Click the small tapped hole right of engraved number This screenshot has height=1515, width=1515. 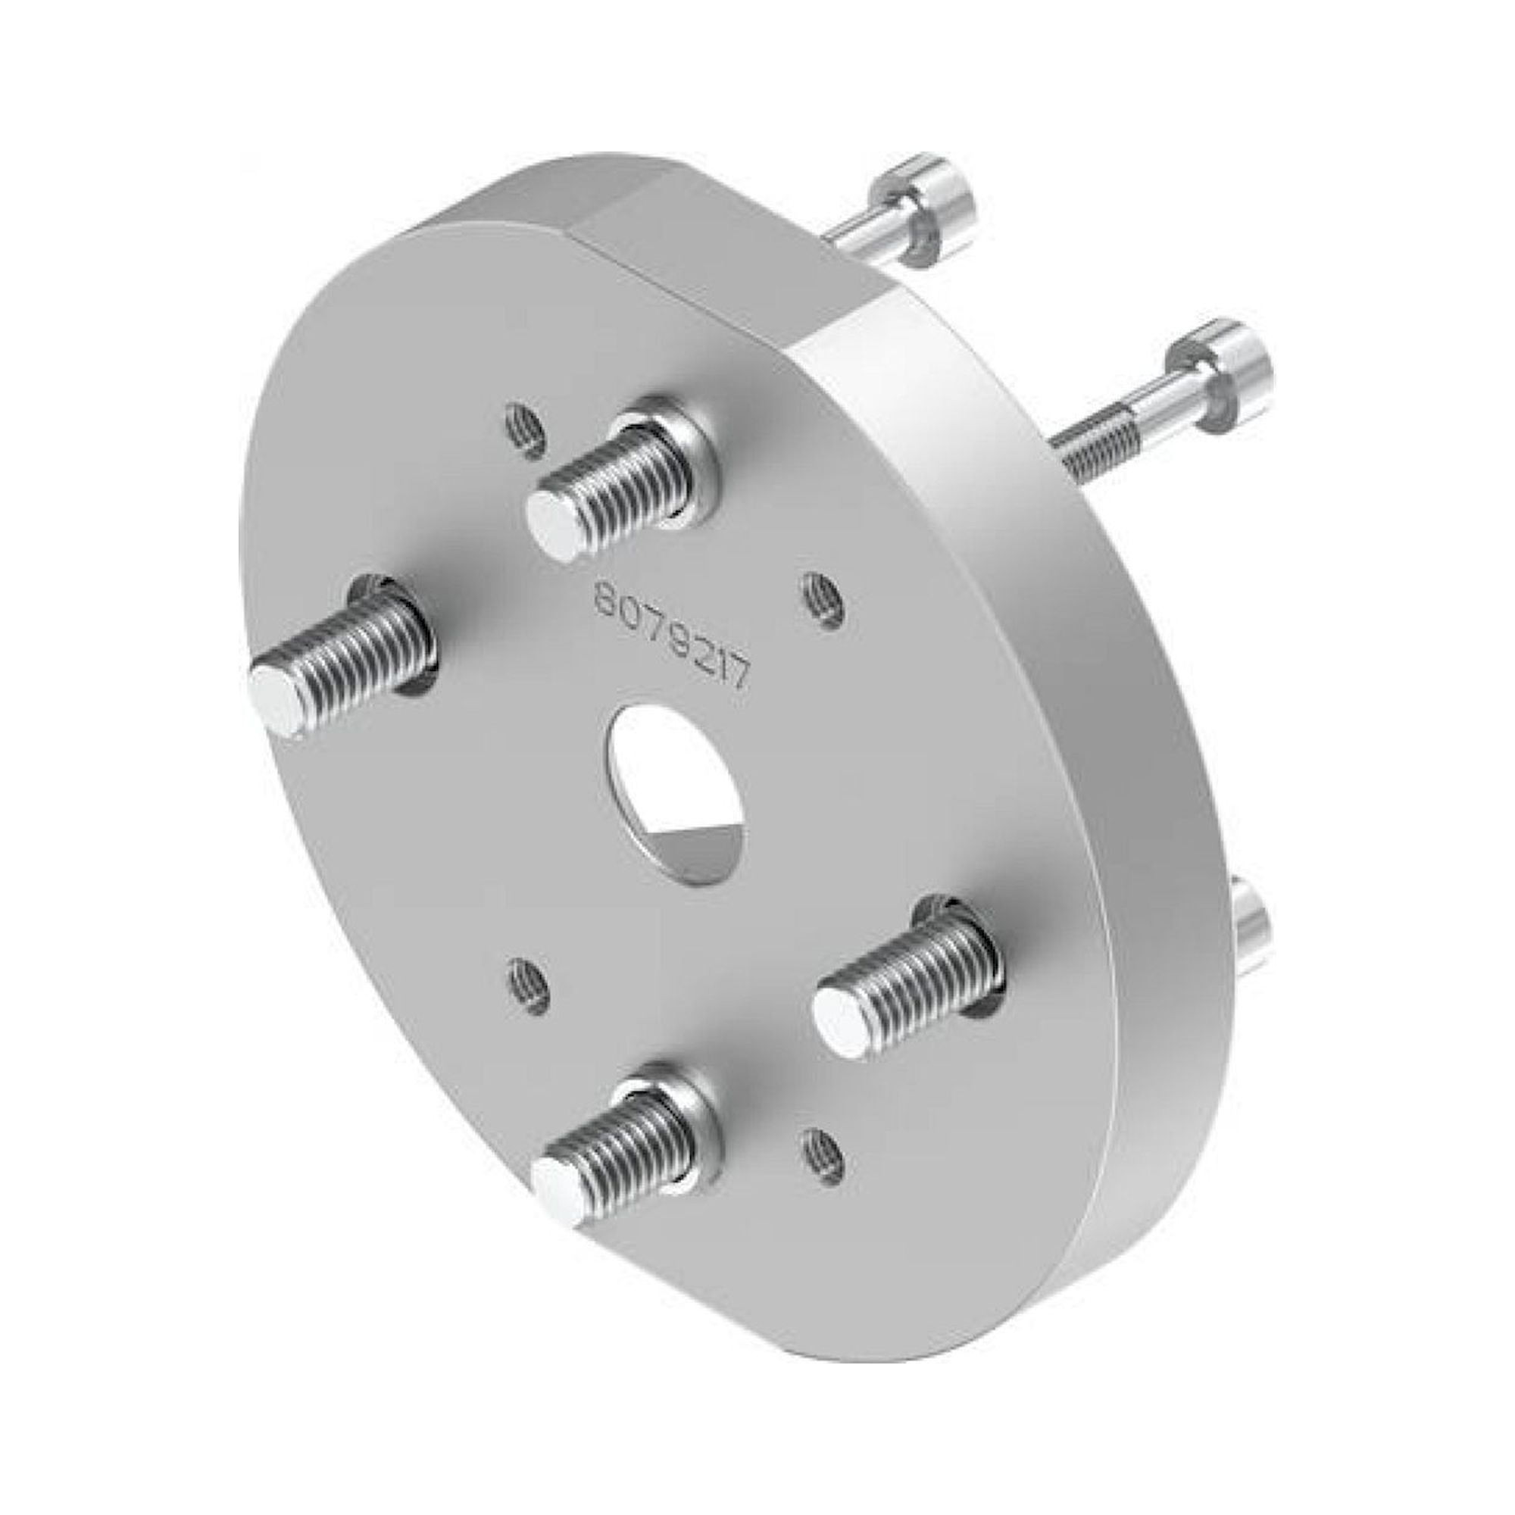[x=821, y=598]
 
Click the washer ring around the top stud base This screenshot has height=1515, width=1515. [x=690, y=454]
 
